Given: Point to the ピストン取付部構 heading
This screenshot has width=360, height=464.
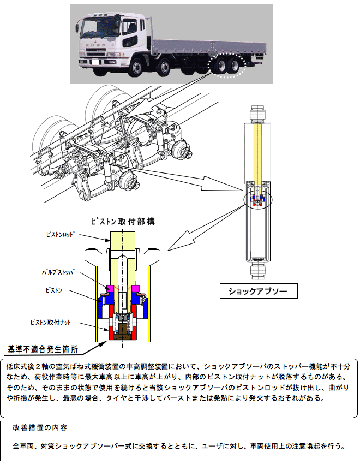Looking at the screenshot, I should point(122,222).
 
